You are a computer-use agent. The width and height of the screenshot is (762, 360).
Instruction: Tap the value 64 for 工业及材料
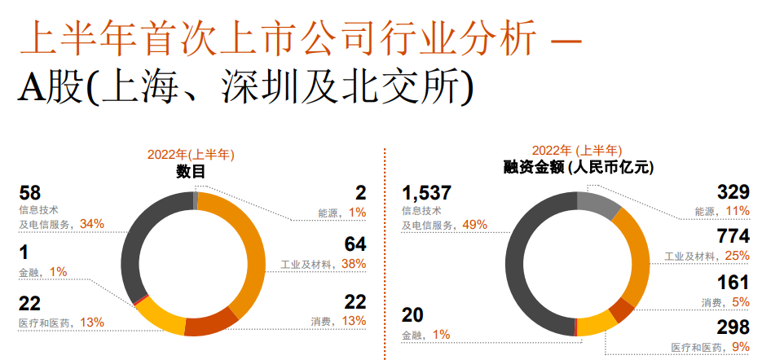pos(355,246)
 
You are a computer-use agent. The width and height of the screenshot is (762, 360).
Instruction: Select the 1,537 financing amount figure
pos(426,194)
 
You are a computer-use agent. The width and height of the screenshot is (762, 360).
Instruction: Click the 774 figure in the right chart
pos(732,238)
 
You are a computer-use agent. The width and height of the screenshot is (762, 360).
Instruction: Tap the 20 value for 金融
pos(413,316)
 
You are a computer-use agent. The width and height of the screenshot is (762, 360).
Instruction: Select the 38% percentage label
pos(354,264)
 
